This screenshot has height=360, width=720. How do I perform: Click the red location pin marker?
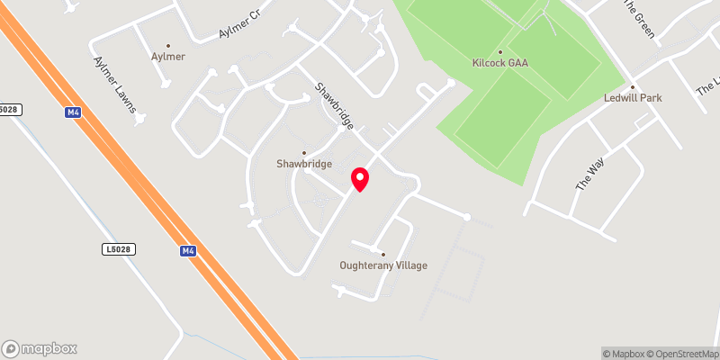coord(360,179)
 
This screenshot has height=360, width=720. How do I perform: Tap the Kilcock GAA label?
coord(500,63)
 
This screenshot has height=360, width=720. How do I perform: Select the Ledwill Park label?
coord(633,97)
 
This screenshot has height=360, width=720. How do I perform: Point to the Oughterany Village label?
coord(383,265)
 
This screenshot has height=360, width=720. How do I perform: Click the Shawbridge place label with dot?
coord(304,164)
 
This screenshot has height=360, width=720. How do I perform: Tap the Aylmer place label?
coord(167,56)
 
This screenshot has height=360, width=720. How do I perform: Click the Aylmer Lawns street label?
coord(114,86)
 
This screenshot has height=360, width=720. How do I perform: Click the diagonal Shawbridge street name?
coord(330,107)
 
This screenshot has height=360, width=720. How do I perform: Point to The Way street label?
coord(586,172)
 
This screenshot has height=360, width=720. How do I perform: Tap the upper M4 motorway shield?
coord(75,111)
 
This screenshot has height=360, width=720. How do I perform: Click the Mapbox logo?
coord(40,348)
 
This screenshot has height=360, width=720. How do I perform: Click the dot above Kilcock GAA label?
coord(500,51)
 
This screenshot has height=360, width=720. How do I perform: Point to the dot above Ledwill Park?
coord(633,85)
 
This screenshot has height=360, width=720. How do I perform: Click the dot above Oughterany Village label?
coord(383,254)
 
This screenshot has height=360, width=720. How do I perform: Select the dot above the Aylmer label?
coord(167,44)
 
